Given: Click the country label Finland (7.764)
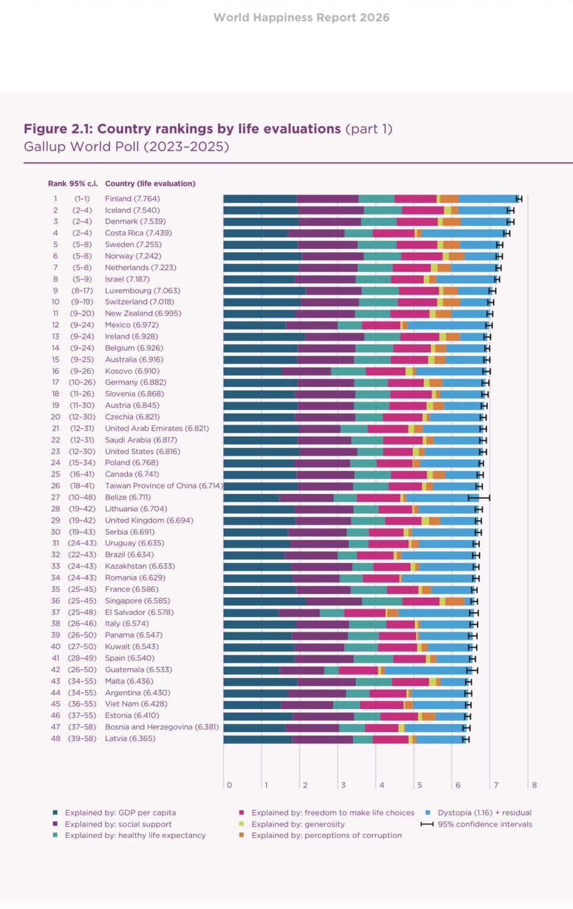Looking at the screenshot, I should [x=132, y=199].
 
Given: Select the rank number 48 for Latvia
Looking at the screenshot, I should [x=56, y=739].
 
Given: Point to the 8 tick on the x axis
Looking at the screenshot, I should [x=534, y=785].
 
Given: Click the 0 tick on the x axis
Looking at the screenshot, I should [x=229, y=785].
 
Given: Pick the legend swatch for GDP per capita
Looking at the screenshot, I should [x=55, y=813].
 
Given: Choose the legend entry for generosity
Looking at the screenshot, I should [x=298, y=824].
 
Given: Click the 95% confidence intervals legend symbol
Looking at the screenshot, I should [x=427, y=824].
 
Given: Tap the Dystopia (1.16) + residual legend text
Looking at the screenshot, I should [x=484, y=813].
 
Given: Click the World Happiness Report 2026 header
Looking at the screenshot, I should [x=301, y=18].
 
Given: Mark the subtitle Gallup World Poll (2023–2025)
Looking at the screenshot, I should [x=126, y=147].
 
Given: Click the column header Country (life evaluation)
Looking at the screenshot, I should [x=150, y=183].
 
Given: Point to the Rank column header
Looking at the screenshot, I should [x=57, y=183].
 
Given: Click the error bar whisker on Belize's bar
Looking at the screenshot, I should [x=479, y=498].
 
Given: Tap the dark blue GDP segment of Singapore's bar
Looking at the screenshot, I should [x=264, y=601].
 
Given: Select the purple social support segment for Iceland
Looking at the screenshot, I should [x=331, y=210].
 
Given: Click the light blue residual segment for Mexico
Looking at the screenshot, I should [x=447, y=325].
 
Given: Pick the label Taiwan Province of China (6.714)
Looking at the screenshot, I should [x=163, y=486].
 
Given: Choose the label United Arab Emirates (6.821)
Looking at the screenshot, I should [x=156, y=428].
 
